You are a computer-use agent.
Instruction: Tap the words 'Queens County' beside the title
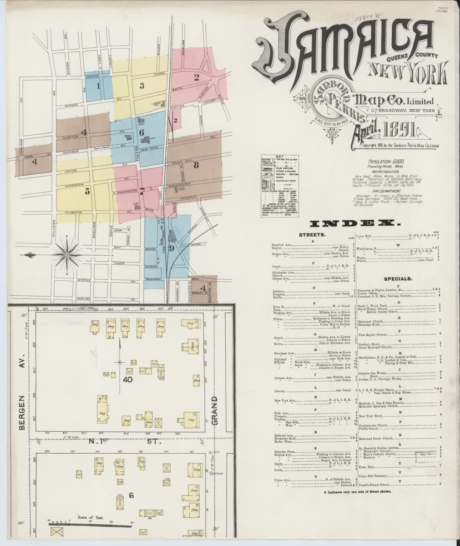click(x=412, y=57)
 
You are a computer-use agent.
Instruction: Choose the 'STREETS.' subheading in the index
click(x=313, y=235)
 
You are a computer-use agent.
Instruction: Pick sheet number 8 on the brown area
click(x=196, y=165)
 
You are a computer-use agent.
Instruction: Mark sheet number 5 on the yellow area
click(x=87, y=192)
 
